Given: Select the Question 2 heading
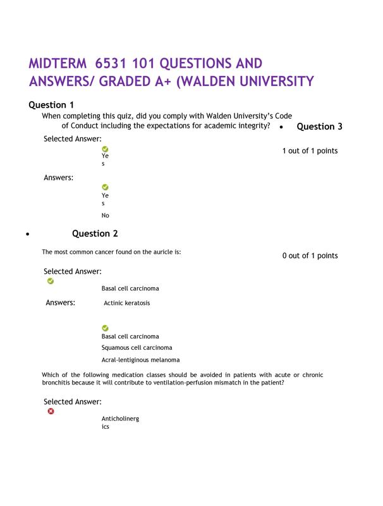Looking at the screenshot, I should [x=95, y=233].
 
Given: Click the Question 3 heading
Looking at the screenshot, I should [x=319, y=126].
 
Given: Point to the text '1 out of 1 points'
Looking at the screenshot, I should [x=310, y=151].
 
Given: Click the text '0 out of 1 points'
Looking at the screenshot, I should [x=310, y=256].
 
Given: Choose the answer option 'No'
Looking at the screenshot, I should [x=105, y=215].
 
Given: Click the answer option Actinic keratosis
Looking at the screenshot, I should [x=127, y=303].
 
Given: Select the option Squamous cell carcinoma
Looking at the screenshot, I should [x=137, y=347].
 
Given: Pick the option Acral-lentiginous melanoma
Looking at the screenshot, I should [x=140, y=360].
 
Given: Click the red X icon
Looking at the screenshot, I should [x=51, y=411].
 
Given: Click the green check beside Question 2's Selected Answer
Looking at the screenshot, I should [x=51, y=281].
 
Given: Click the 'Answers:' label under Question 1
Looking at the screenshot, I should [x=58, y=178].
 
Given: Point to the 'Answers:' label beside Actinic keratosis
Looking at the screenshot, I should [x=60, y=303].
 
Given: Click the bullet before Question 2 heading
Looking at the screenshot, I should [x=28, y=235].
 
